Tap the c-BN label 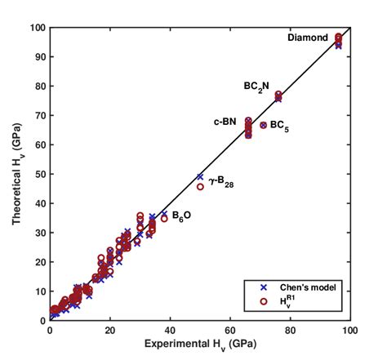point(225,122)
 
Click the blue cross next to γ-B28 point(200,176)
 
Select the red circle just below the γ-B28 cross point(200,187)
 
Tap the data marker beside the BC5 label point(263,125)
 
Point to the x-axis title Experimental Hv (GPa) point(200,346)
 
